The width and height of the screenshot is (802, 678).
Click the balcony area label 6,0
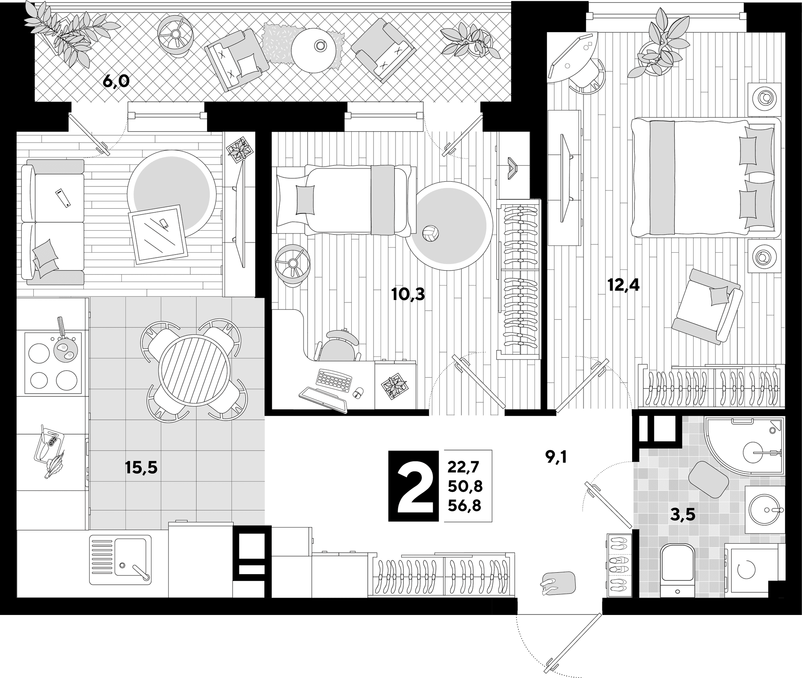(116, 82)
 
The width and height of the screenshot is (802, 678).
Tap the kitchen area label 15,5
(141, 467)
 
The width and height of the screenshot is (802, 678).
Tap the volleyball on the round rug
(430, 233)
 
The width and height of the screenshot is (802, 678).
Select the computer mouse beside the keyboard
(358, 393)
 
